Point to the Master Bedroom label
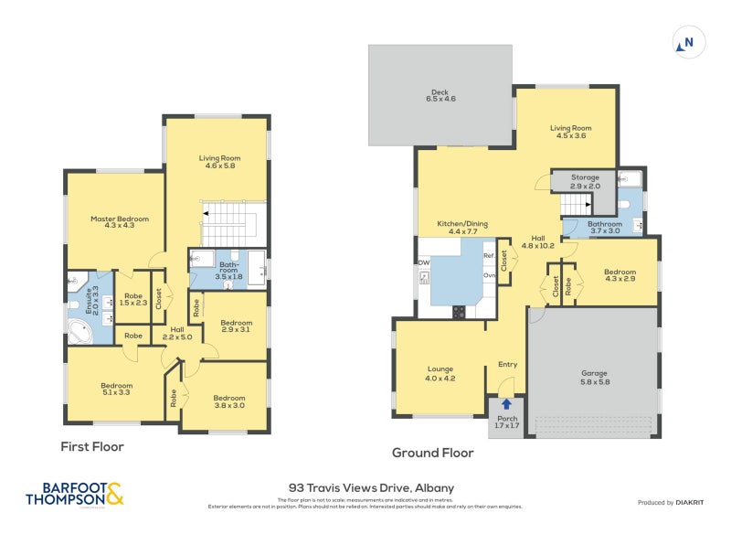click(119, 222)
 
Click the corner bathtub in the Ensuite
click(80, 331)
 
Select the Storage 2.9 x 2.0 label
click(585, 181)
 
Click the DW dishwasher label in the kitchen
click(424, 263)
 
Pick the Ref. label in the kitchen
click(489, 256)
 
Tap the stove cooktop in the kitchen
click(459, 311)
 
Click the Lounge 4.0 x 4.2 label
click(440, 373)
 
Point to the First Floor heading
click(91, 447)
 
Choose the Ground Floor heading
click(432, 453)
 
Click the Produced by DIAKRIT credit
click(676, 503)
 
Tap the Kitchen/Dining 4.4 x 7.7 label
click(461, 228)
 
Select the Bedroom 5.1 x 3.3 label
click(117, 390)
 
